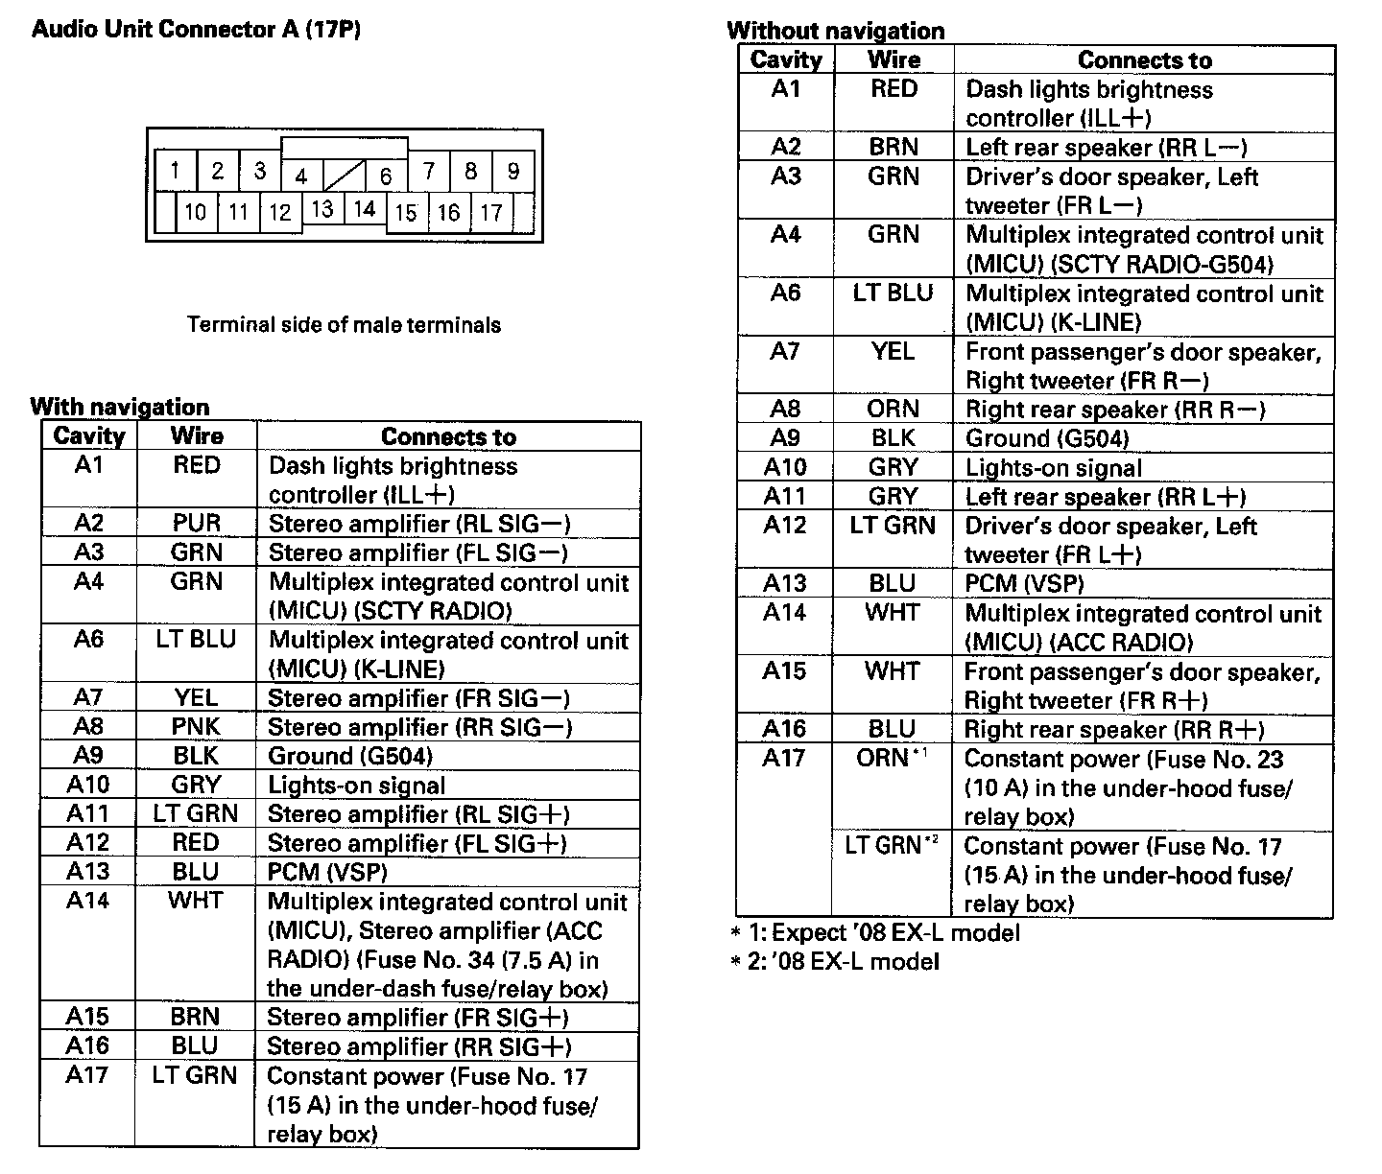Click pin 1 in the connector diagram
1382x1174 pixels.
(x=175, y=172)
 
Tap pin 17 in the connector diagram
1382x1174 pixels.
(x=491, y=212)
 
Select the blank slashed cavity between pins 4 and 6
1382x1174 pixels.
(x=344, y=176)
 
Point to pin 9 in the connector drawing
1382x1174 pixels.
(x=513, y=172)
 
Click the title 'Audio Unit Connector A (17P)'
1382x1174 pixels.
(x=196, y=29)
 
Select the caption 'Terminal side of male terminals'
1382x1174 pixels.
(x=344, y=324)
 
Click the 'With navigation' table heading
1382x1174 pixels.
(x=119, y=407)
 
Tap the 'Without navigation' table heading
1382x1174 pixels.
(x=835, y=31)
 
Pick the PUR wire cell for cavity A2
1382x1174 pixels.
(x=197, y=523)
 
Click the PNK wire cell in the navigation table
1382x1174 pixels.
(x=197, y=726)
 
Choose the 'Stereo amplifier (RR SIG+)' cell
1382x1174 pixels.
(x=418, y=1046)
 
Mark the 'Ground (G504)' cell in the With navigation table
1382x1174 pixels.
(x=350, y=756)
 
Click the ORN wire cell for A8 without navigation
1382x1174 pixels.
(x=893, y=409)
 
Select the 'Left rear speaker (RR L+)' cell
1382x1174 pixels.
(x=1106, y=497)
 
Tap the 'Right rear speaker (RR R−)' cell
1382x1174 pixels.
(x=1115, y=410)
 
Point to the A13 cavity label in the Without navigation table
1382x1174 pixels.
(x=785, y=583)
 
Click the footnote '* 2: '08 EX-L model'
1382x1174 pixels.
(x=834, y=961)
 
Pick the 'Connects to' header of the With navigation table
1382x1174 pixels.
(x=448, y=436)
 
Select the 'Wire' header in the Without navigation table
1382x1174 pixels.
(x=894, y=59)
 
